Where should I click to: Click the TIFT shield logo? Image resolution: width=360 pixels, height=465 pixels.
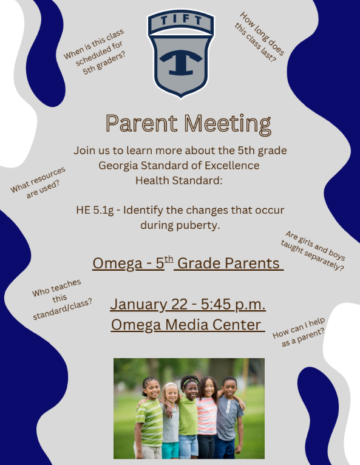pos(180,54)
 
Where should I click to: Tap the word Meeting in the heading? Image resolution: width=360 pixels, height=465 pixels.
pos(228,123)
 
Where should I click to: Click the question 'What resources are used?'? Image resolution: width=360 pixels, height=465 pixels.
pos(39,182)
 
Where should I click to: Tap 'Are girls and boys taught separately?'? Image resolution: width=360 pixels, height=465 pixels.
pos(313,250)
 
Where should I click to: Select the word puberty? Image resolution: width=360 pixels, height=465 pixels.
pos(198,225)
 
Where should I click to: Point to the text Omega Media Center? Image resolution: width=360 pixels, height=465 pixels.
pos(187,324)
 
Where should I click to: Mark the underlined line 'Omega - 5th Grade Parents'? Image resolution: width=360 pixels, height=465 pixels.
pos(188,264)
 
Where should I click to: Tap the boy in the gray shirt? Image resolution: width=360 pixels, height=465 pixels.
pos(229,419)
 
